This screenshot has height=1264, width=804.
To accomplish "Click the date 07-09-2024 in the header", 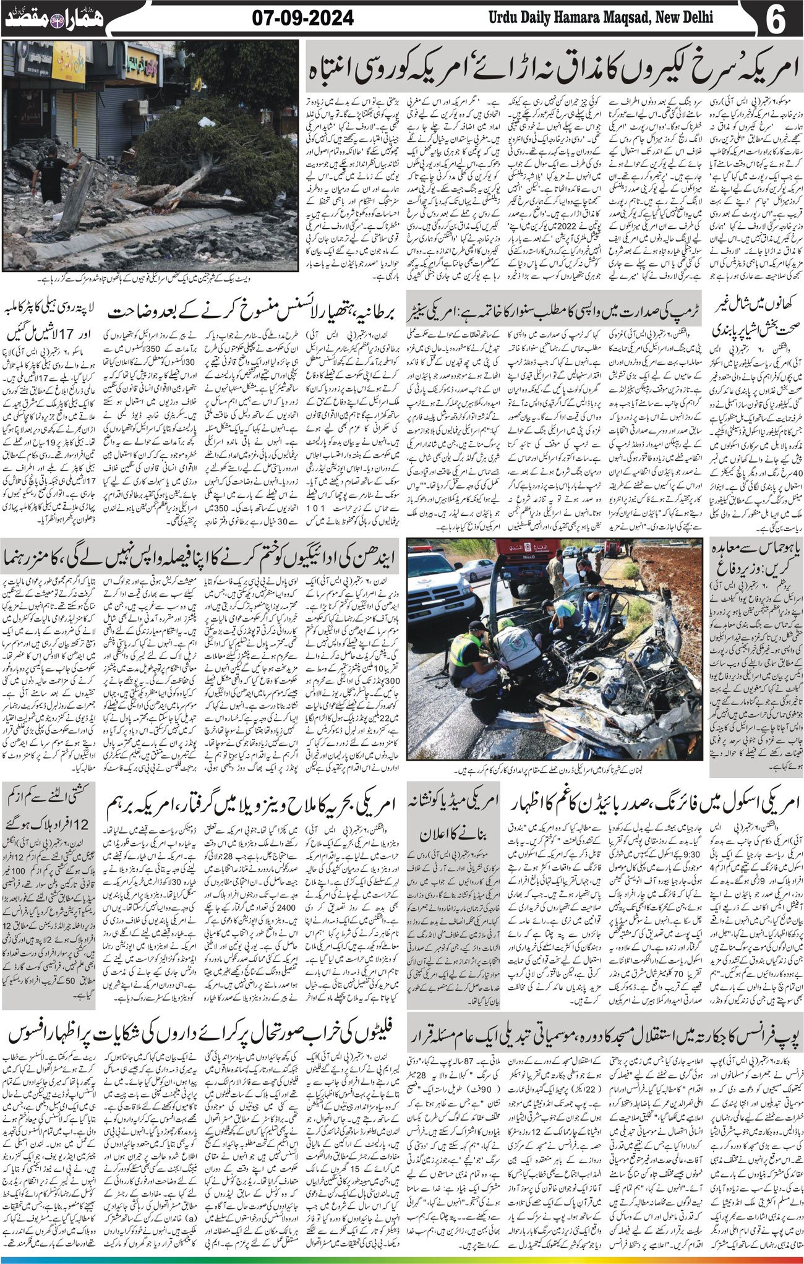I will [303, 18].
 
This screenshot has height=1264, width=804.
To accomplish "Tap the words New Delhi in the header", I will [683, 17].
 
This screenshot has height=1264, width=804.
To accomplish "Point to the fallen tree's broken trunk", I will [186, 186].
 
